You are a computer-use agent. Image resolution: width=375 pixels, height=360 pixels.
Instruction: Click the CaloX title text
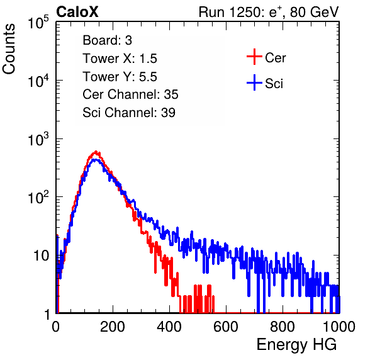coord(77,12)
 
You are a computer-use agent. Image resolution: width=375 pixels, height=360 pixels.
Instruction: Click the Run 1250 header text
coord(269,12)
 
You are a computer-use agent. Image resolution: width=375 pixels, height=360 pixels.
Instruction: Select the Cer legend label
coord(275,58)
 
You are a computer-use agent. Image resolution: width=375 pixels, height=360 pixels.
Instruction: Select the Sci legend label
coord(274,84)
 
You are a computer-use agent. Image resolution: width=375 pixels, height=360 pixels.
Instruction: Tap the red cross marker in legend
coord(254,57)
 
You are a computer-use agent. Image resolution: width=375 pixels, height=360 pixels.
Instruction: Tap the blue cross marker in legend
coord(254,82)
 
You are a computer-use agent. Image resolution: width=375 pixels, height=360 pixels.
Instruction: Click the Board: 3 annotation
coord(108,40)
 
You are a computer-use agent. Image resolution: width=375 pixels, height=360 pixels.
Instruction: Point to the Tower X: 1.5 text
coord(120,59)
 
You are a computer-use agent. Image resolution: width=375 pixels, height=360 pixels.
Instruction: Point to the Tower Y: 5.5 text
coord(120,77)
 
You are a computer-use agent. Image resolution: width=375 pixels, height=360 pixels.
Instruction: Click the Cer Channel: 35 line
coord(130,94)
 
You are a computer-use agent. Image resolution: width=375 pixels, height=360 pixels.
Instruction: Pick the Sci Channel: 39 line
coord(129,113)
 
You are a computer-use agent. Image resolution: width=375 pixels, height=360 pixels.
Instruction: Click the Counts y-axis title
coord(9,48)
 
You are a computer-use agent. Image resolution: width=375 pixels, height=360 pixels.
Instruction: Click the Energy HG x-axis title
coord(296,345)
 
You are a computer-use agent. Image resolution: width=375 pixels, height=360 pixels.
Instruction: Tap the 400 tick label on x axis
coord(169,327)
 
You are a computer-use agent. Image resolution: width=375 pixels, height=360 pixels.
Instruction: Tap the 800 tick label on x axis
coord(283,327)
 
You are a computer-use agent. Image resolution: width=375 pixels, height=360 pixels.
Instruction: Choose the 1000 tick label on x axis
coord(339,327)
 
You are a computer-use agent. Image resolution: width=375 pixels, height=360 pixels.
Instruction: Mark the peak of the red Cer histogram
coord(96,152)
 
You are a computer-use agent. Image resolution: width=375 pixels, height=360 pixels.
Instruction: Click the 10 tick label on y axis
coord(42,256)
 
